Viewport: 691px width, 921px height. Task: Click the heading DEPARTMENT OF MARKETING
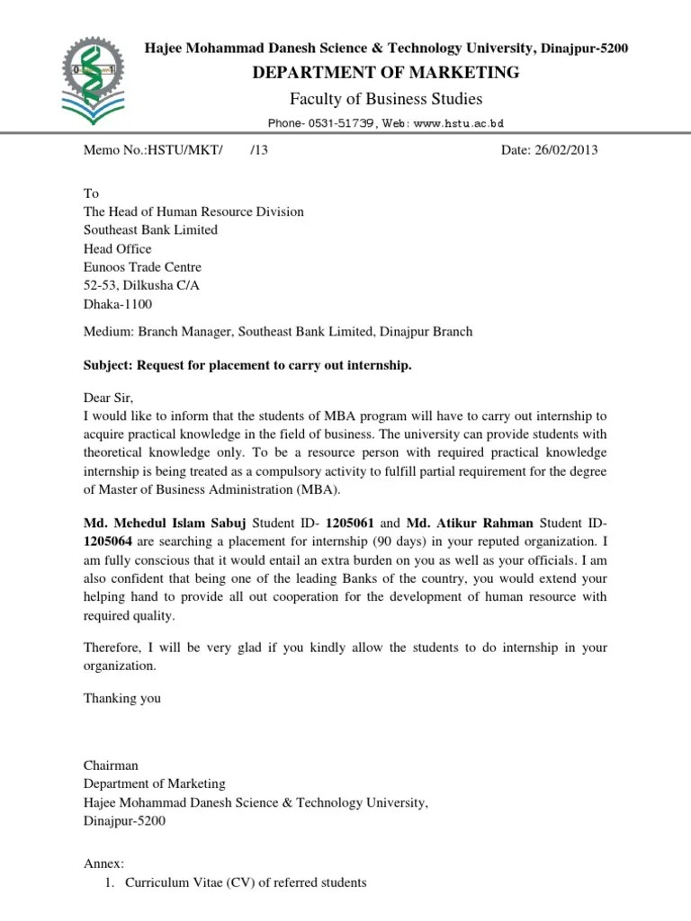pyautogui.click(x=387, y=73)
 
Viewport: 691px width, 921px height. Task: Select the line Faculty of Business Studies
pyautogui.click(x=387, y=98)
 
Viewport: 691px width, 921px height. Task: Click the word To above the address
pyautogui.click(x=91, y=193)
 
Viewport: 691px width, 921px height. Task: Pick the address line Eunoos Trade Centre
pyautogui.click(x=142, y=267)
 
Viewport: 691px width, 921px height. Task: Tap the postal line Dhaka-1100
pyautogui.click(x=118, y=304)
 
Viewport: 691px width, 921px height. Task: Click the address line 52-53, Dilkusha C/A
pyautogui.click(x=140, y=286)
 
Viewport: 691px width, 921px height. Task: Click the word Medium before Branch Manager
pyautogui.click(x=107, y=332)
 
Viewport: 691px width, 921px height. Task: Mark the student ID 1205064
pyautogui.click(x=108, y=541)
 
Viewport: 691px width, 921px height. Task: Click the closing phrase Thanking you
pyautogui.click(x=121, y=698)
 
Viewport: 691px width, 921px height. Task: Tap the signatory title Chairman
pyautogui.click(x=111, y=765)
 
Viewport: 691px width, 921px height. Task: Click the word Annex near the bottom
pyautogui.click(x=103, y=863)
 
